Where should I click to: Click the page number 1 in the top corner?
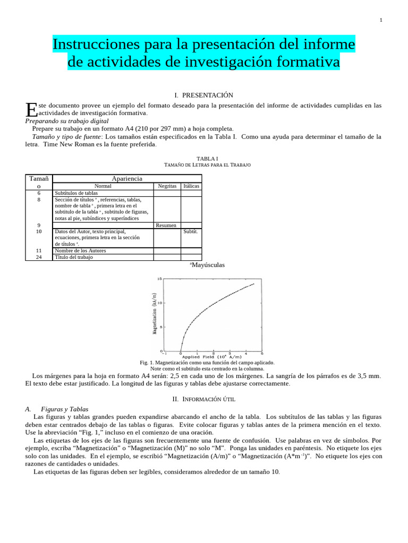pyautogui.click(x=381, y=20)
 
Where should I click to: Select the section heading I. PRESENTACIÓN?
pyautogui.click(x=203, y=95)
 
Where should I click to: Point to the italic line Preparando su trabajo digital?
pyautogui.click(x=67, y=121)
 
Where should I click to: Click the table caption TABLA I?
pyautogui.click(x=207, y=158)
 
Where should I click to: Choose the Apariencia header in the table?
pyautogui.click(x=126, y=179)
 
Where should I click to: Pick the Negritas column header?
pyautogui.click(x=167, y=186)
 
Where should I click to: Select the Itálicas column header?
pyautogui.click(x=191, y=186)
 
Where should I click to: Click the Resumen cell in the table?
pyautogui.click(x=166, y=225)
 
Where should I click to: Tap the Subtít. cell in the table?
pyautogui.click(x=191, y=232)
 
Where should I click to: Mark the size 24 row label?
pyautogui.click(x=39, y=257)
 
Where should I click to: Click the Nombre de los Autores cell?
pyautogui.click(x=80, y=251)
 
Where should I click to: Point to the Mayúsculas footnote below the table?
pyautogui.click(x=207, y=265)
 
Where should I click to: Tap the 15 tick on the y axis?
pyautogui.click(x=159, y=279)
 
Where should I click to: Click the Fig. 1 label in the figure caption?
pyautogui.click(x=147, y=363)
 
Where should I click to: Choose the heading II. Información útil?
pyautogui.click(x=203, y=398)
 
